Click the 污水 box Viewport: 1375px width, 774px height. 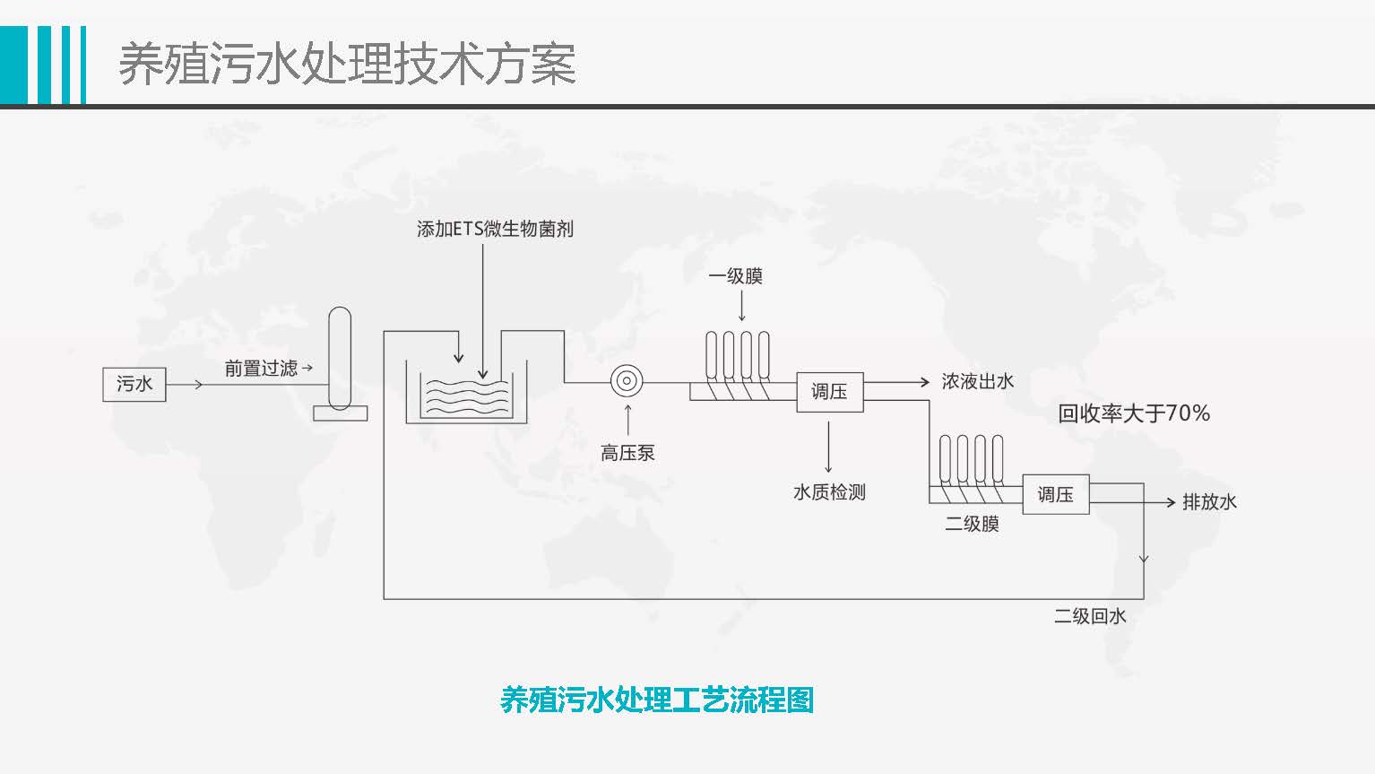click(134, 385)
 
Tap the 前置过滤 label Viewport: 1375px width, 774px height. click(261, 368)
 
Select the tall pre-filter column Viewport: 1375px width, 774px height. click(340, 359)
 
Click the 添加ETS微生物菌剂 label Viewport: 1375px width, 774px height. click(495, 229)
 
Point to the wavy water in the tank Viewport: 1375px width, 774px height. click(466, 397)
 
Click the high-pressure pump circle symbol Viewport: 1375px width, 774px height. click(627, 382)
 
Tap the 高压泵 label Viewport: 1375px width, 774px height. click(627, 453)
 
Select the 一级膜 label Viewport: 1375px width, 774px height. click(735, 276)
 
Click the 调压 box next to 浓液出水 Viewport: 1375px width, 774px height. click(829, 392)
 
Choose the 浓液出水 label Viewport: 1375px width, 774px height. click(977, 381)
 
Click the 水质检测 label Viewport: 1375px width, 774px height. click(829, 491)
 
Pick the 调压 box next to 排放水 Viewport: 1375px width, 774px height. click(1055, 494)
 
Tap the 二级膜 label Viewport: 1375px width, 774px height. click(972, 524)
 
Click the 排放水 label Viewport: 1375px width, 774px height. click(1209, 502)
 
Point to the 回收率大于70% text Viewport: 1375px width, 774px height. click(1134, 413)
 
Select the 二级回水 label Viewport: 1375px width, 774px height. click(1089, 616)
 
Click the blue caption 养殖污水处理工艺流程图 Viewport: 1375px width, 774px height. click(656, 700)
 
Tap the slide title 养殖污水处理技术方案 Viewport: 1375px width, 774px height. click(347, 65)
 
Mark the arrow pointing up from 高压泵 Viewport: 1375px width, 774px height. click(627, 420)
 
